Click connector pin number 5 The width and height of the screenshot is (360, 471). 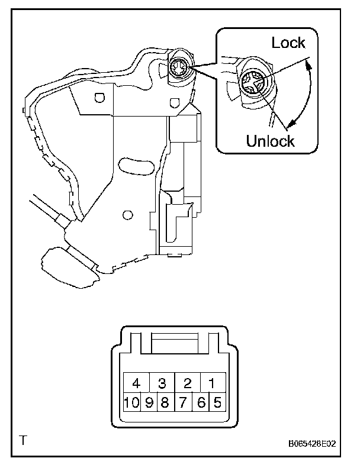[217, 404]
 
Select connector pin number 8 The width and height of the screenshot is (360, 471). [165, 404]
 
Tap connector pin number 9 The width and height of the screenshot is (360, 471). [149, 404]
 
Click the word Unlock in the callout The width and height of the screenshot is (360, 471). [270, 141]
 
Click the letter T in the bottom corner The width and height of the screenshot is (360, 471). [23, 440]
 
